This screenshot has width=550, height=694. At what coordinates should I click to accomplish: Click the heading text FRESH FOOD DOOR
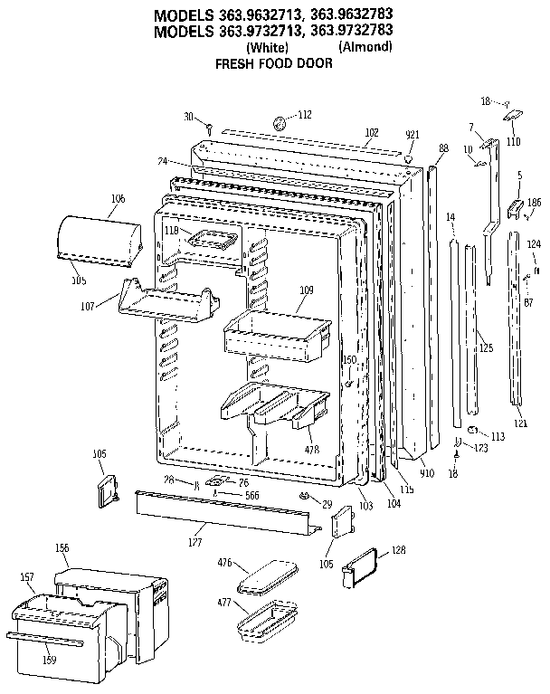click(273, 63)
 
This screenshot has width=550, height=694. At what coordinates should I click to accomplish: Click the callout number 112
click(305, 115)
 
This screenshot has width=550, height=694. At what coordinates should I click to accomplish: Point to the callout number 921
click(412, 135)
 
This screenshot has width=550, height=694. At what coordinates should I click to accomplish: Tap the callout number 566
click(251, 495)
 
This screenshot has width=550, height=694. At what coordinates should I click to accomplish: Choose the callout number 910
click(426, 473)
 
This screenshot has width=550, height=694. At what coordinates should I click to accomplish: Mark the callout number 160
click(348, 360)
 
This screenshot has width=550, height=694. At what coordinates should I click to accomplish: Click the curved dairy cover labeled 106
click(99, 239)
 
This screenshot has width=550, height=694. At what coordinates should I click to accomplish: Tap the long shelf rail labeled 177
click(226, 513)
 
